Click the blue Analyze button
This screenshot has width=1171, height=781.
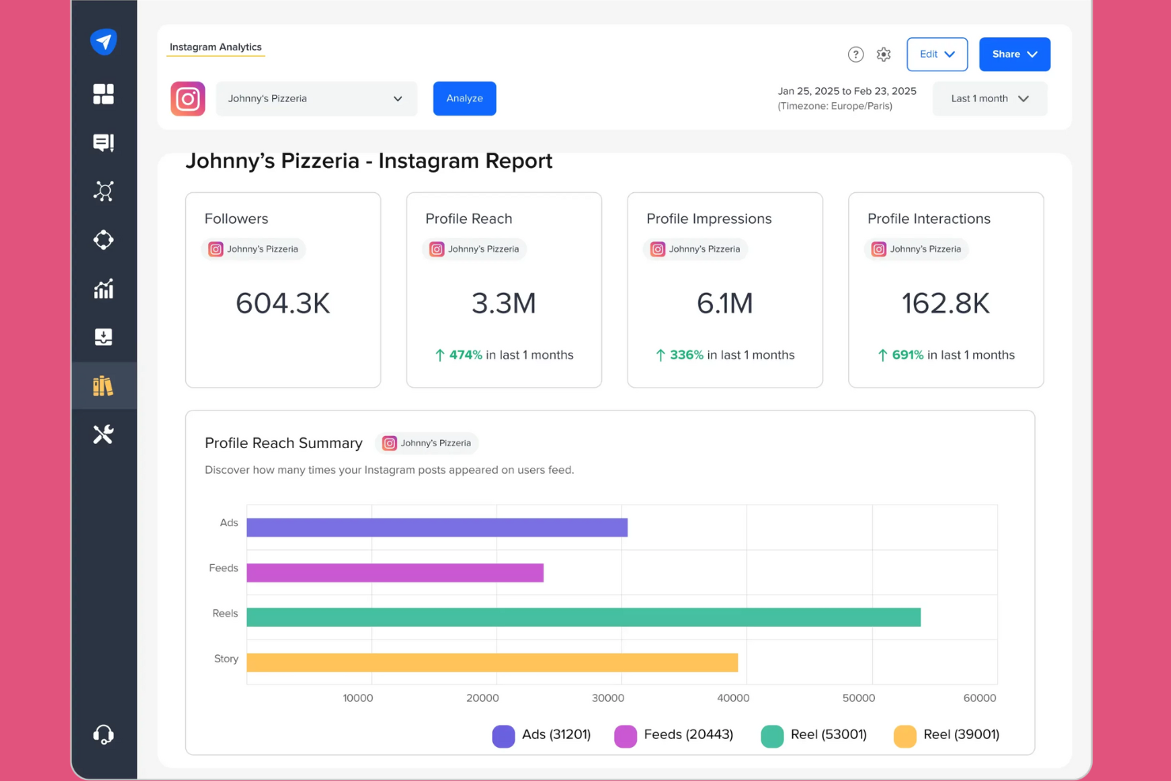click(464, 99)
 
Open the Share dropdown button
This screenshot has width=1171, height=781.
click(1014, 55)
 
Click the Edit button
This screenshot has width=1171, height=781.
click(937, 55)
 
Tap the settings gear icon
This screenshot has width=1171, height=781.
click(884, 55)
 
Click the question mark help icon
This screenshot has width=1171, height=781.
click(855, 55)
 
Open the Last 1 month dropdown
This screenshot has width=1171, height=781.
click(990, 99)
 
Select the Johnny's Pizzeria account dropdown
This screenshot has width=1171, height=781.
click(316, 99)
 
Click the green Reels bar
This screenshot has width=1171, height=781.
click(583, 617)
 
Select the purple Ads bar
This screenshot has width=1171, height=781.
click(437, 528)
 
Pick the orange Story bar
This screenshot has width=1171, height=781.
click(492, 662)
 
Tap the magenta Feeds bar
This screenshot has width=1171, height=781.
click(395, 573)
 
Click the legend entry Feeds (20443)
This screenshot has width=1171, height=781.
click(674, 735)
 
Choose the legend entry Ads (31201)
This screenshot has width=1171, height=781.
click(542, 735)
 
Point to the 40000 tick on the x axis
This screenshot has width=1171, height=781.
click(733, 698)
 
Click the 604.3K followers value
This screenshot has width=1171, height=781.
click(283, 304)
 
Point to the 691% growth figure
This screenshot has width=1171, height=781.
click(908, 355)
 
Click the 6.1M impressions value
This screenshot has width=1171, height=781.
click(725, 304)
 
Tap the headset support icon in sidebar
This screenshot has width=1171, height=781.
click(104, 734)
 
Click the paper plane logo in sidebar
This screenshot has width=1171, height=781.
click(104, 41)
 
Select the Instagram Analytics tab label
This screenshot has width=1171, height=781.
click(215, 47)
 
